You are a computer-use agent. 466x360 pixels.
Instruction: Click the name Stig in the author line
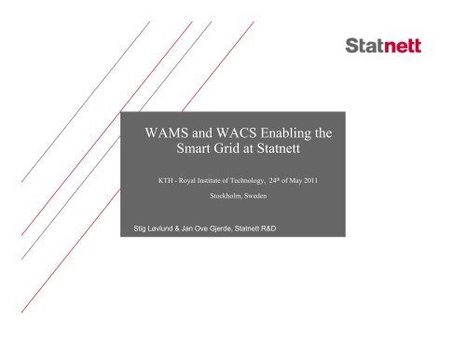click(143, 226)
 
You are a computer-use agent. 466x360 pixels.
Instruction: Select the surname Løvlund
click(169, 226)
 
